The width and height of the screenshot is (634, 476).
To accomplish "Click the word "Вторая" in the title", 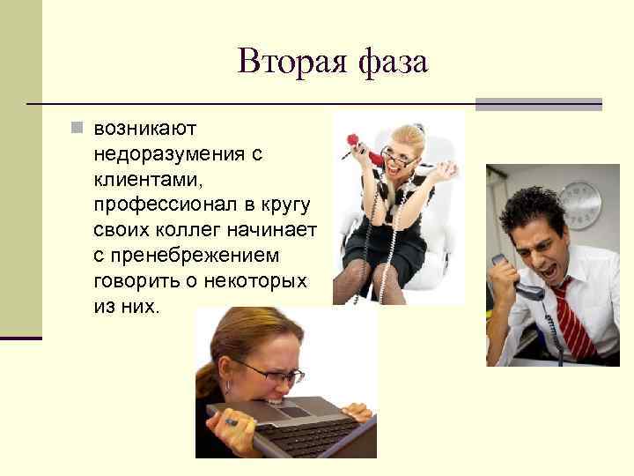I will pyautogui.click(x=285, y=62).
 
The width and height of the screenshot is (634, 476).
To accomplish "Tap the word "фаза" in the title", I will pyautogui.click(x=393, y=62).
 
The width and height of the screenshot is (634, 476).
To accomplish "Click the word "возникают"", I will pyautogui.click(x=145, y=129).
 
